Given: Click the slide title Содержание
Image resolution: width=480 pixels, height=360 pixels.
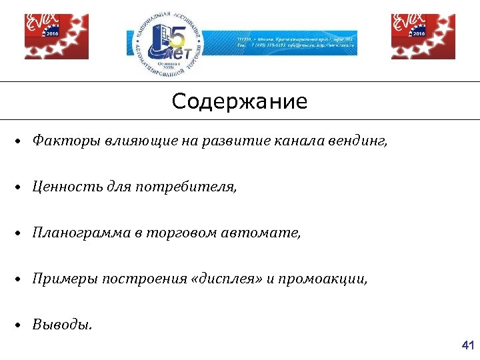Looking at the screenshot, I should click(239, 102).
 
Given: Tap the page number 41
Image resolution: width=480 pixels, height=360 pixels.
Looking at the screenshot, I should click(467, 345).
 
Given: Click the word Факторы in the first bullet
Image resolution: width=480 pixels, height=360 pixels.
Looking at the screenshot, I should click(59, 141).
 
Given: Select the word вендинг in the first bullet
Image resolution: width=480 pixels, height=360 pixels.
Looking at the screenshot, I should click(362, 141).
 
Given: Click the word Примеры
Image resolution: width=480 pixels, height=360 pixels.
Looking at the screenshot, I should click(59, 279).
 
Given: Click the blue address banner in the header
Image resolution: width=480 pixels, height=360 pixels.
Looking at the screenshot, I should click(296, 45).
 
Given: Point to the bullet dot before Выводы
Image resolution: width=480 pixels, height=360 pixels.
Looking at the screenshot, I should click(21, 325).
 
